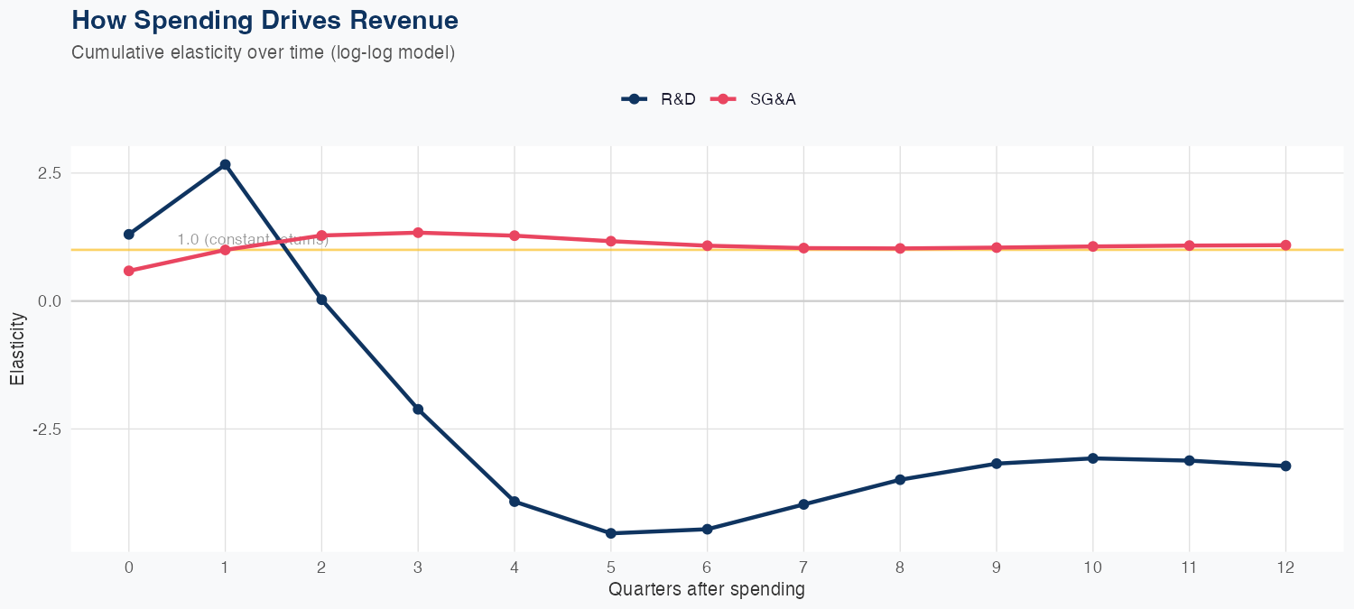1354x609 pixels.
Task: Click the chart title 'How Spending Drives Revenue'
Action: pos(264,20)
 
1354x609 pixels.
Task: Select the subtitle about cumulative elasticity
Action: pos(263,52)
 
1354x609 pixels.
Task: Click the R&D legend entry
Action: pos(660,99)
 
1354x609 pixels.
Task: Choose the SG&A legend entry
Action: pos(754,99)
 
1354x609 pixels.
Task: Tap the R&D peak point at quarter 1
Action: pos(225,164)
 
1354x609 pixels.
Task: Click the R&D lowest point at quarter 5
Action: pos(611,533)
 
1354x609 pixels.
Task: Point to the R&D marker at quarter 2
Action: pos(321,300)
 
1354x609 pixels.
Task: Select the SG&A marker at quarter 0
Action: pos(128,271)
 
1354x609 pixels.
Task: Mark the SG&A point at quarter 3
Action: pos(418,233)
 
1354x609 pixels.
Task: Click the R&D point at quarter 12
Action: pos(1285,466)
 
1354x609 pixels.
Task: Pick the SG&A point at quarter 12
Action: pos(1285,245)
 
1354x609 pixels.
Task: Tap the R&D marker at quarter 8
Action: pos(900,479)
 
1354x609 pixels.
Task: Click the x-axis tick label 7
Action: pos(803,567)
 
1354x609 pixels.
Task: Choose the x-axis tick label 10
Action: pos(1093,567)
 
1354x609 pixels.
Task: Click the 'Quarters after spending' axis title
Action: pos(706,590)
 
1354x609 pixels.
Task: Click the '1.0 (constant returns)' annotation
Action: pos(253,239)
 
